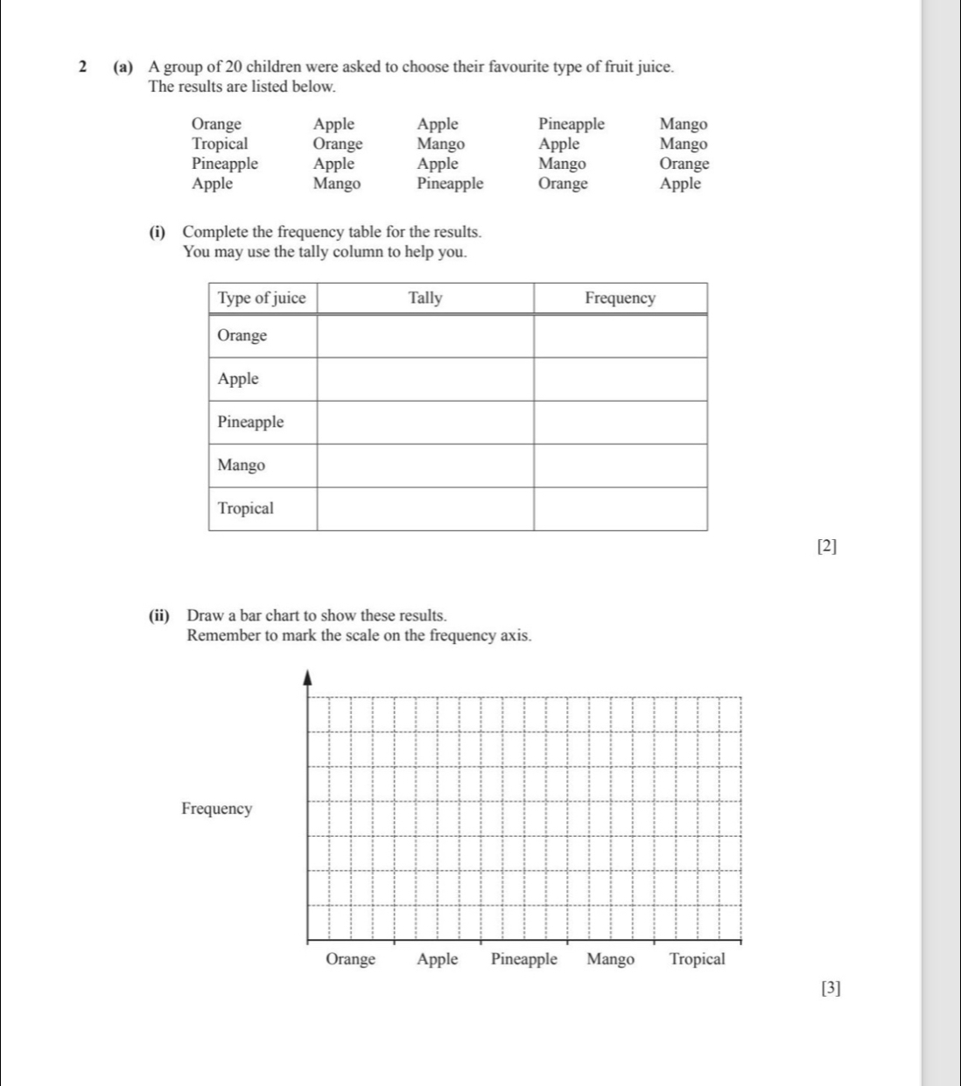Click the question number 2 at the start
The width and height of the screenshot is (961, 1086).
81,67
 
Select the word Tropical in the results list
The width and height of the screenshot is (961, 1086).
220,144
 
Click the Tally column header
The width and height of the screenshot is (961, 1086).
425,298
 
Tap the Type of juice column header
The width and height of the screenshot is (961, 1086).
262,298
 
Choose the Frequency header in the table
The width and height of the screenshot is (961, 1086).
620,298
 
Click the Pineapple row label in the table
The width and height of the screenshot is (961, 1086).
250,423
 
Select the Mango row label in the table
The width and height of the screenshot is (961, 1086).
241,466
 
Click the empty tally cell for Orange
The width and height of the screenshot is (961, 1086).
425,336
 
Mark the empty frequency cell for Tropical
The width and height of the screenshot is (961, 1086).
620,508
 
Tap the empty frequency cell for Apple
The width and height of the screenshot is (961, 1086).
620,380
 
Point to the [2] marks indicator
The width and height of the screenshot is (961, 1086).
826,547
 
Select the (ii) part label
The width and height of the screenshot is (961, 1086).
159,616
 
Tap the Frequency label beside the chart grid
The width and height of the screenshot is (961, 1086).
216,809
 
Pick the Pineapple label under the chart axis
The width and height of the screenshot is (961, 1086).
523,959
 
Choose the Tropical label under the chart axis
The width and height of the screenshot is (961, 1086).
697,959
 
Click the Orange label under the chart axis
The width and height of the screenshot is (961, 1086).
350,959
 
